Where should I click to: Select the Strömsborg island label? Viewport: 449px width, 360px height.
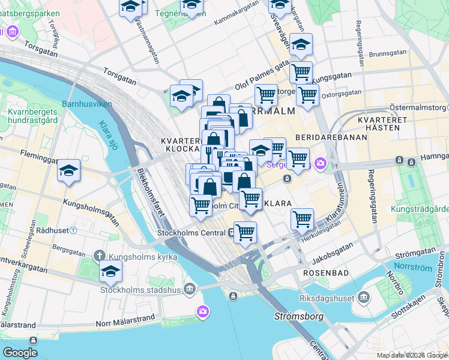click(x=298, y=316)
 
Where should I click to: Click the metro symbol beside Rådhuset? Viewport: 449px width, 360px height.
click(x=73, y=230)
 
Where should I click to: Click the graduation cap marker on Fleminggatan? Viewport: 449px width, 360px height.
click(x=69, y=171)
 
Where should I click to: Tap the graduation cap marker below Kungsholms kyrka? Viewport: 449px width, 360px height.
click(x=110, y=272)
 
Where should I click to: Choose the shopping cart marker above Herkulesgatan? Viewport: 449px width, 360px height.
click(x=302, y=219)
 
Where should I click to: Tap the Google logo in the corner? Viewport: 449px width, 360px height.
click(x=20, y=353)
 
